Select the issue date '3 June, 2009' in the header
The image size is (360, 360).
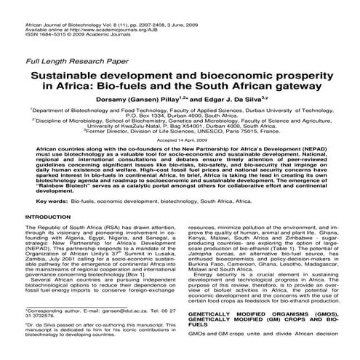click(x=207, y=6)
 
